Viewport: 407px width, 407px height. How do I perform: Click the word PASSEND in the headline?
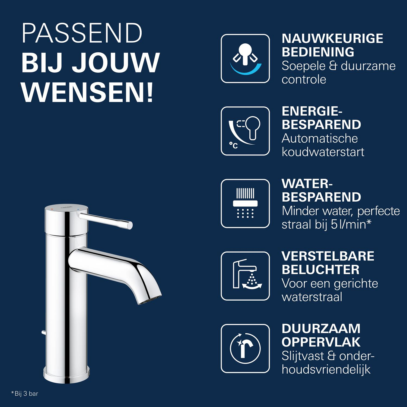click(82, 33)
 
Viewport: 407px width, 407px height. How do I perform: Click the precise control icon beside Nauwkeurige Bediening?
click(245, 58)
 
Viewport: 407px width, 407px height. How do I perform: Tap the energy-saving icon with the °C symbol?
click(245, 131)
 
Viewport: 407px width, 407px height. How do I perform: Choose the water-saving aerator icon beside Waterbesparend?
click(245, 203)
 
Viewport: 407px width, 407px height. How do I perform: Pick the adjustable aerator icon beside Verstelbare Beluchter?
click(245, 276)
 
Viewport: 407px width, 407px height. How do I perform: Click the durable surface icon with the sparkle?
click(245, 348)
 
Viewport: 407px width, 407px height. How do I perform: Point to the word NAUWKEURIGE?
click(332, 39)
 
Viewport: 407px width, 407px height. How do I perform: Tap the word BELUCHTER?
click(320, 270)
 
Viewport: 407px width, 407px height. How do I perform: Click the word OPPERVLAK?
click(321, 342)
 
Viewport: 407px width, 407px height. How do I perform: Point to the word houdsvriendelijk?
click(326, 369)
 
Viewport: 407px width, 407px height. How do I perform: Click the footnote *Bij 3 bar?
click(25, 393)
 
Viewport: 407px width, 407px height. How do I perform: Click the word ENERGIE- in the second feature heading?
click(312, 111)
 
